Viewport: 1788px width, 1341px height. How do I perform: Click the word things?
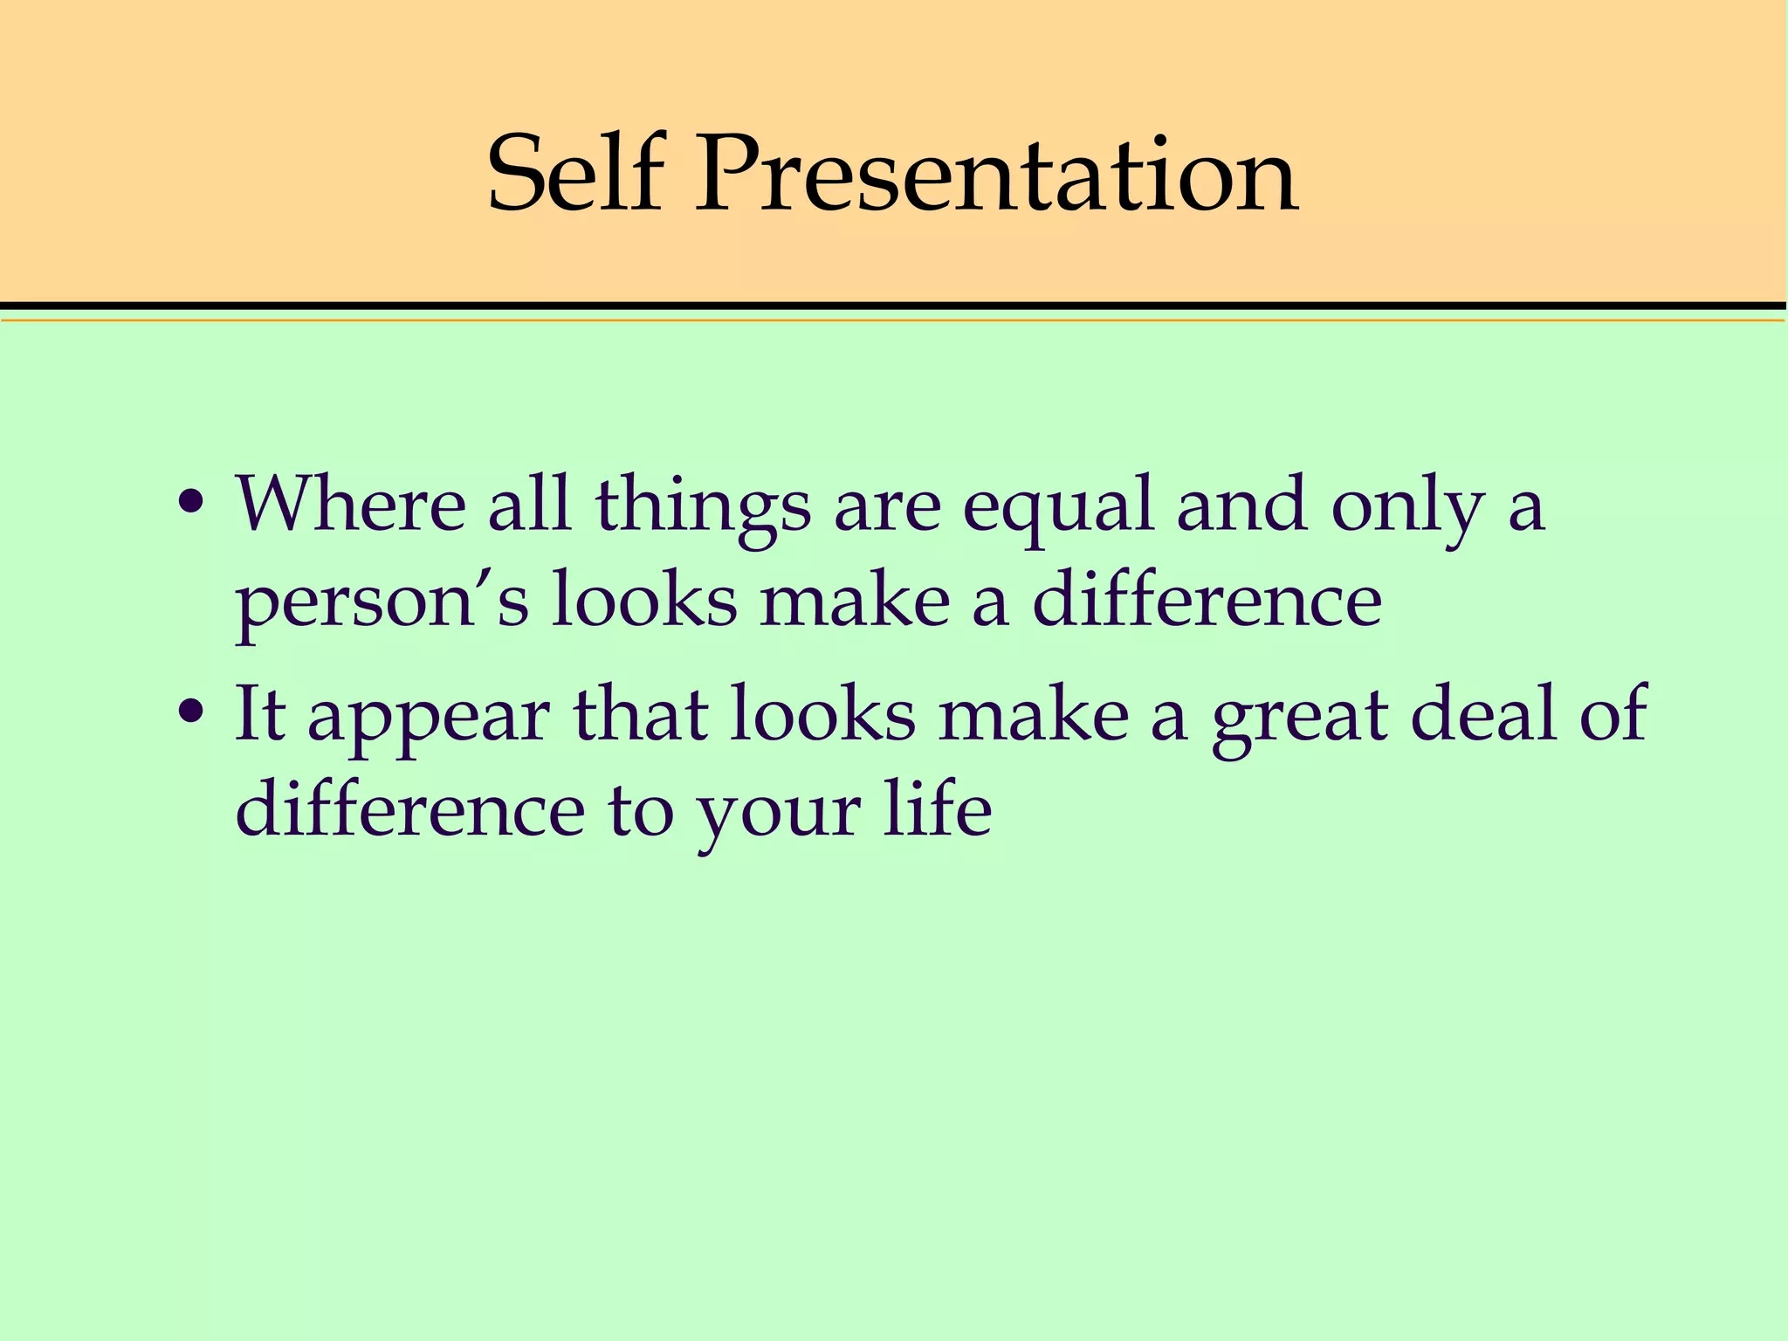point(703,506)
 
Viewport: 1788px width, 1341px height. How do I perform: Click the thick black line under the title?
point(894,306)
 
